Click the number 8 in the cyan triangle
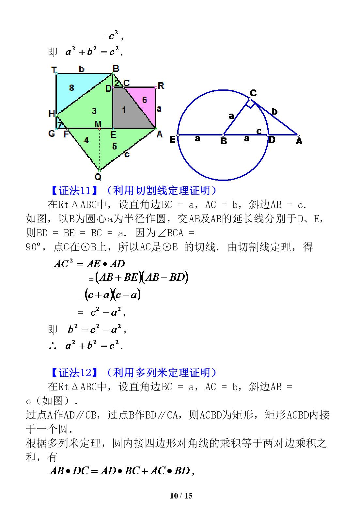point(72,87)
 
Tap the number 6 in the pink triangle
point(145,100)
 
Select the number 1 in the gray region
point(124,110)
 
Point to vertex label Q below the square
point(98,177)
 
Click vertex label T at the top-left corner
point(54,70)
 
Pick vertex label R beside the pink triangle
point(161,86)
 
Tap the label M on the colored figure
point(98,124)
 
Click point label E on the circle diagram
point(172,140)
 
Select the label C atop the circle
point(253,93)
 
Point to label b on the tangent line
point(274,111)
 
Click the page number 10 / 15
point(181,496)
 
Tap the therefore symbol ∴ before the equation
point(53,345)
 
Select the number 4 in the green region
point(86,140)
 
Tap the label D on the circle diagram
point(272,140)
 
